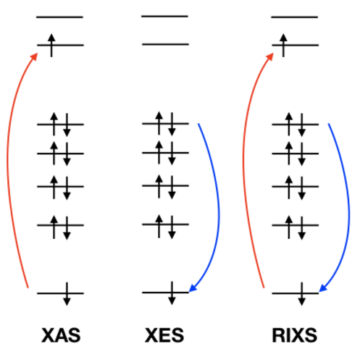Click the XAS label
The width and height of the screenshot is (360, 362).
point(61,335)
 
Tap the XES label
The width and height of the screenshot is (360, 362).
point(164,335)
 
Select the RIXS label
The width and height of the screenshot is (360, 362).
point(295,335)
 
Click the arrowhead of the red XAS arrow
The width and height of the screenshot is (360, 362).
point(35,56)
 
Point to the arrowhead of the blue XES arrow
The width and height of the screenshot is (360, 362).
point(193,287)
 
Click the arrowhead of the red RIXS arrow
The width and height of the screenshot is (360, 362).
point(270,56)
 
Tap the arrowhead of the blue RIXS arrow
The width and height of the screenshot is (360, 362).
point(323,287)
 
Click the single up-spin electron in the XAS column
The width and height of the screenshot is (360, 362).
point(51,46)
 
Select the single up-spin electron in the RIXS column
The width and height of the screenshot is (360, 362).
point(283,46)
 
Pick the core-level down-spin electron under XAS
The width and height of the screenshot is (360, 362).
point(67,294)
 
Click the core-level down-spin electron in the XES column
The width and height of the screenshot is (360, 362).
point(172,293)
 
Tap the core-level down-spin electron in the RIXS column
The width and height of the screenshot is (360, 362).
point(302,294)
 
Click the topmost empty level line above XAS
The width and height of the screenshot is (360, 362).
point(60,17)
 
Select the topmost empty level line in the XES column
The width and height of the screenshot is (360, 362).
point(164,17)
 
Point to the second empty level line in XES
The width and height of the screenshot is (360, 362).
point(165,44)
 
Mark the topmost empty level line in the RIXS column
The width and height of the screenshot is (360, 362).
point(295,17)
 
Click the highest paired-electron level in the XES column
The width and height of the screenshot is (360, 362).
point(165,124)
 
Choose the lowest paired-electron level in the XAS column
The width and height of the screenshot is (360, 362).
point(60,225)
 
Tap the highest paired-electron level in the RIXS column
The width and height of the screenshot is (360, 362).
point(296,125)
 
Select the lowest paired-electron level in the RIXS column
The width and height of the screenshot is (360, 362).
point(296,225)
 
